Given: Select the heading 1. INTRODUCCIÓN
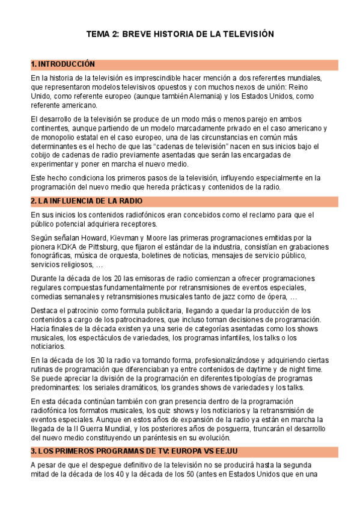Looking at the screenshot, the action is (x=63, y=64).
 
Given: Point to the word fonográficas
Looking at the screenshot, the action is (x=54, y=256).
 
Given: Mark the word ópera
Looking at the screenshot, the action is (x=270, y=297).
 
